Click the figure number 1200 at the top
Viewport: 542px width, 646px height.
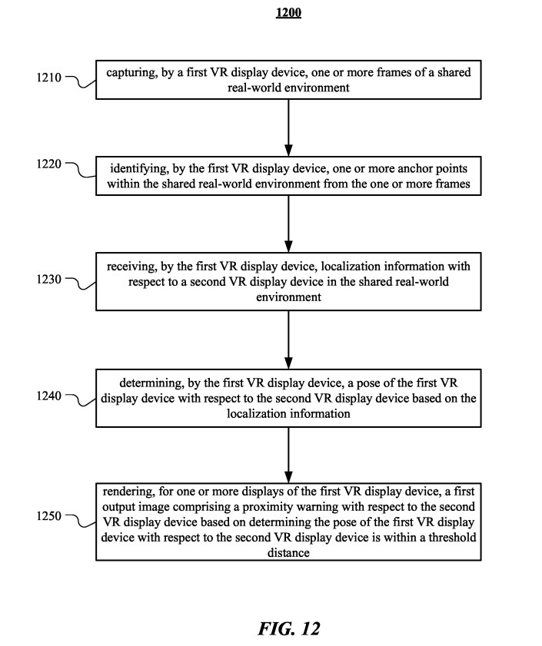pos(288,12)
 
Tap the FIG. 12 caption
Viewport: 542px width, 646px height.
pos(289,628)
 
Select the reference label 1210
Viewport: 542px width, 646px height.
pos(48,78)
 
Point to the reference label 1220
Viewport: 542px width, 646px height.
pos(48,164)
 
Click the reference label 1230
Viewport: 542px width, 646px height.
pos(48,280)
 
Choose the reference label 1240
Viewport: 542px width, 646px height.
pos(48,396)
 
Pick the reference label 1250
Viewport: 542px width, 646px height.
pos(48,516)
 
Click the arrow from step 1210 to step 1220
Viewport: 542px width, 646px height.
pos(289,128)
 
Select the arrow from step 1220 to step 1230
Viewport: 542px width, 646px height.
pos(289,224)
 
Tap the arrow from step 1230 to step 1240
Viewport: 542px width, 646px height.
pos(289,340)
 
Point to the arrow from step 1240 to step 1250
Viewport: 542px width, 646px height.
pos(289,455)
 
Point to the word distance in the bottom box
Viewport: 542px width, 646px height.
pos(288,552)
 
